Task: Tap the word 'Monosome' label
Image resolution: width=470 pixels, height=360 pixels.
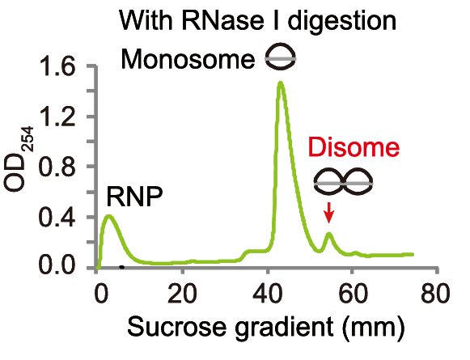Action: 188,59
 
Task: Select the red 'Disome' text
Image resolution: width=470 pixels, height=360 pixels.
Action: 354,147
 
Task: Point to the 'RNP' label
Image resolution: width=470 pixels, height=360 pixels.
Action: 134,197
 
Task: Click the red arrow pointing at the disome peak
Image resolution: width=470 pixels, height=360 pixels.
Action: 329,213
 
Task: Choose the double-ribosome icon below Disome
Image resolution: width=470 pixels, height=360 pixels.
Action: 344,182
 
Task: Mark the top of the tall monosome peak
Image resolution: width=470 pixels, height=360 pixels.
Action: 280,83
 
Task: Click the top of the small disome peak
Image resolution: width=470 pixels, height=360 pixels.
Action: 329,234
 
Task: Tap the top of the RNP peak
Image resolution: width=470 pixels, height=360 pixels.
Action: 109,216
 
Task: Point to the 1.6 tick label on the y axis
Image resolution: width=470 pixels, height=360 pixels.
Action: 57,66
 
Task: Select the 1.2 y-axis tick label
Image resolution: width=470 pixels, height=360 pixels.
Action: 57,116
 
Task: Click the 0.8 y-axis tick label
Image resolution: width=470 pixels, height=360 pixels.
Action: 57,166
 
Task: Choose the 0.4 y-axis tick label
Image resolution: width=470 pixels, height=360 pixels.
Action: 57,217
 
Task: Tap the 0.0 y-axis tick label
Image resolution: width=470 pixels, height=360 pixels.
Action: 57,265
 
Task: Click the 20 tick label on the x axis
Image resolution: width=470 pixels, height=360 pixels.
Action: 182,293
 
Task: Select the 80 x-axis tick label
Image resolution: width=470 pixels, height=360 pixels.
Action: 435,293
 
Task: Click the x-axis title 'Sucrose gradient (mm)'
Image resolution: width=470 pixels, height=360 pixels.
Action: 266,328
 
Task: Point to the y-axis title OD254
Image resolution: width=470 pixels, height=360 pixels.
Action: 19,159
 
